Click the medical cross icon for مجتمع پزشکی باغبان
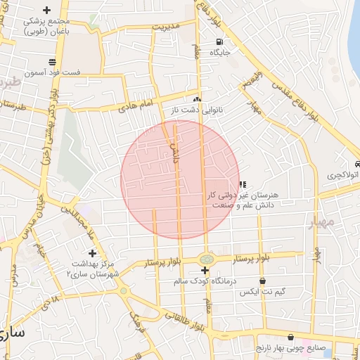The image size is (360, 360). [47, 10]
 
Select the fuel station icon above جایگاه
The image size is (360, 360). [219, 41]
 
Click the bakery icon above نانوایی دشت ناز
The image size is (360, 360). [198, 100]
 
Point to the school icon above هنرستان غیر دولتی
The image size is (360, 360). [243, 184]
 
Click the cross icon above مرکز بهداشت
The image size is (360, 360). [91, 253]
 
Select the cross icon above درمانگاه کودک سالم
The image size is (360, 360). [205, 271]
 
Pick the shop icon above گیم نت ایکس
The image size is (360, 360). [263, 281]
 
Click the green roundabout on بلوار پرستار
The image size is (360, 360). [205, 259]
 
